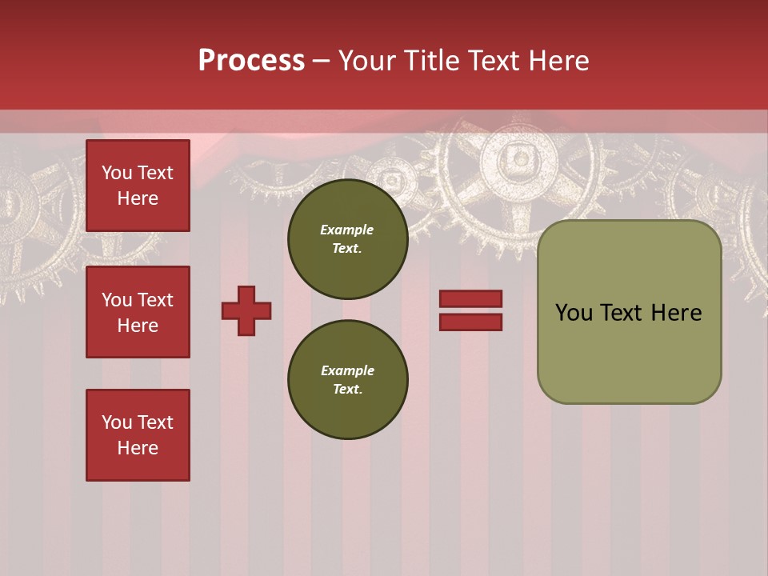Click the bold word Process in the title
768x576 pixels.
point(251,60)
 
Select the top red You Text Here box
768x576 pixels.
point(138,186)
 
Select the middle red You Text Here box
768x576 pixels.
point(138,312)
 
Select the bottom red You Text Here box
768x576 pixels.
point(138,434)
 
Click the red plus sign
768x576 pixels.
point(246,310)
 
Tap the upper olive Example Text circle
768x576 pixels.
point(347,239)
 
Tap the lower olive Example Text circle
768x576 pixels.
point(347,379)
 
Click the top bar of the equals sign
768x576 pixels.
point(470,298)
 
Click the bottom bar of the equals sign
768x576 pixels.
point(470,322)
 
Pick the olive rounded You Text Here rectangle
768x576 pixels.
point(629,312)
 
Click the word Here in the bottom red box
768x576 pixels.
point(138,448)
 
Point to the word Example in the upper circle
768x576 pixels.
point(347,230)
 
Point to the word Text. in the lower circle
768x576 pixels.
point(347,390)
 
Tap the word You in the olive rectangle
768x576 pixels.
point(573,313)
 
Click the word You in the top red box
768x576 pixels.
point(117,173)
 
